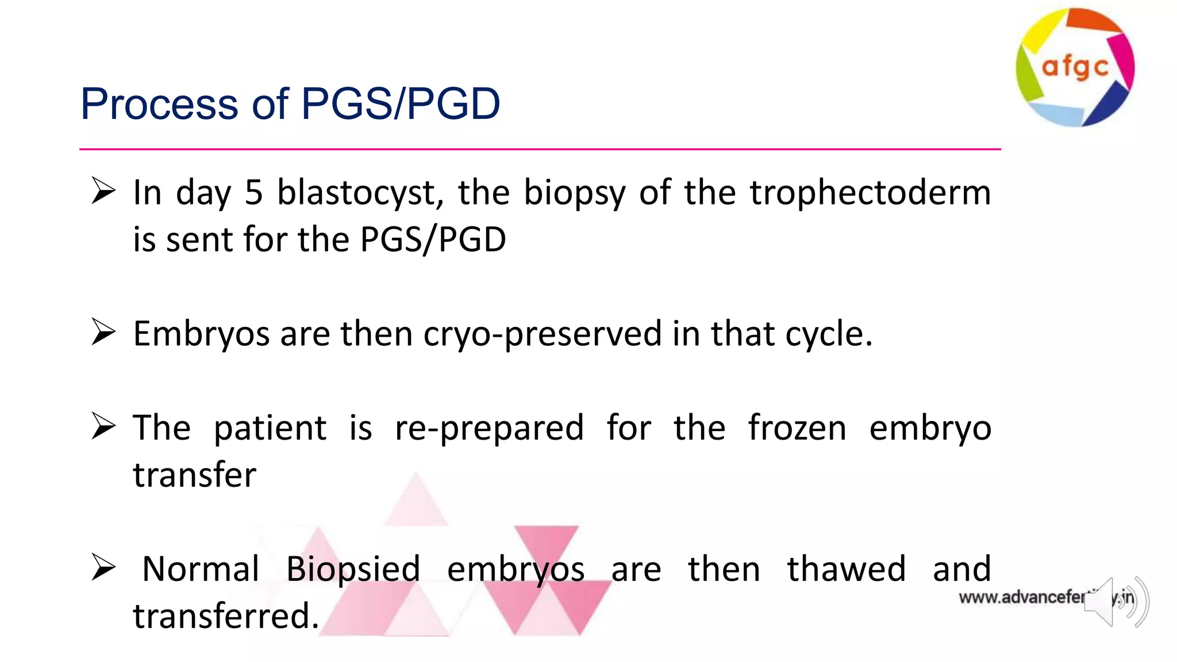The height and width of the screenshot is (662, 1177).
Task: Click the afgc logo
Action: click(x=1075, y=67)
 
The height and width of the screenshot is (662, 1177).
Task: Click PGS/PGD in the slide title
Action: click(x=400, y=104)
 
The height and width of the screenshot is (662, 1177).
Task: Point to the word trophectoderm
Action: click(x=870, y=193)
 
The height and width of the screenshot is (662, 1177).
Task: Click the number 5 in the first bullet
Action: click(x=253, y=193)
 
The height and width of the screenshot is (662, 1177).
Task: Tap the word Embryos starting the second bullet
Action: click(x=201, y=334)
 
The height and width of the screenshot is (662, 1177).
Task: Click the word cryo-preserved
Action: click(x=543, y=334)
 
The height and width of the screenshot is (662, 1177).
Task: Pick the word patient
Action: click(x=270, y=429)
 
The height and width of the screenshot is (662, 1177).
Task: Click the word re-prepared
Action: click(x=489, y=429)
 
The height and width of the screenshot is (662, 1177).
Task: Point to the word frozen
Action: click(x=797, y=428)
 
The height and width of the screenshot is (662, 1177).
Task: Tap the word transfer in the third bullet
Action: click(x=194, y=475)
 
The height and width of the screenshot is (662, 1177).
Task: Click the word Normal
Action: click(x=201, y=569)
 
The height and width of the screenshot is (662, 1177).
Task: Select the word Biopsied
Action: click(x=353, y=569)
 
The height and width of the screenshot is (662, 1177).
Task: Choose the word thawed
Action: click(x=846, y=569)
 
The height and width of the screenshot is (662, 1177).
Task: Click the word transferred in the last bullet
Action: click(x=225, y=616)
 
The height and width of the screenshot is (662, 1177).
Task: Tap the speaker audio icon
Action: click(x=1116, y=602)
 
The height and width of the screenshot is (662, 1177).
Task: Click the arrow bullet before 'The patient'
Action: click(x=103, y=427)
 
